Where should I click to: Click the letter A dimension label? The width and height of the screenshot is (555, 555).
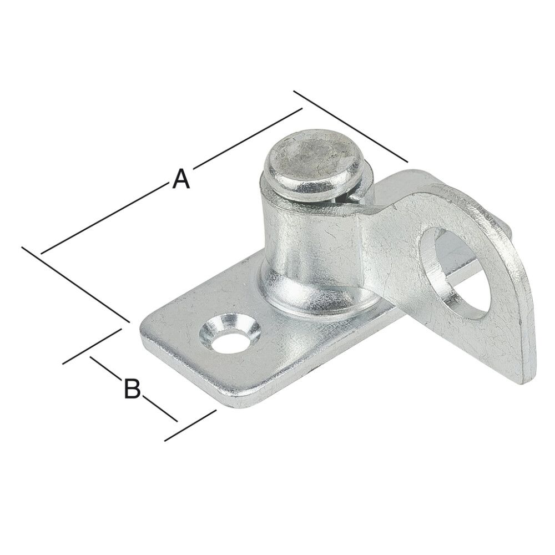click(x=181, y=179)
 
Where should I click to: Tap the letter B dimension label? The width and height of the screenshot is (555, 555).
click(x=132, y=389)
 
